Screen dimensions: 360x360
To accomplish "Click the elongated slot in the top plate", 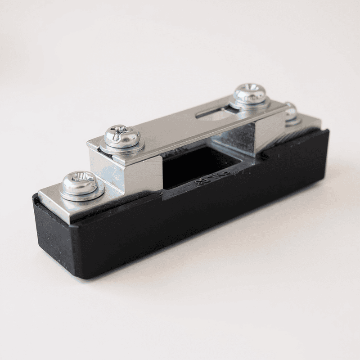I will coord(216,113).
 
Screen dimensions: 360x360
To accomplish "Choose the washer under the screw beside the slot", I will coord(250,104).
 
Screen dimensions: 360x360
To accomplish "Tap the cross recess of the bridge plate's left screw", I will coord(120,131).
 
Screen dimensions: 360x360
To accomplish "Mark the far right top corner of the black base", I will coord(326,131).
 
